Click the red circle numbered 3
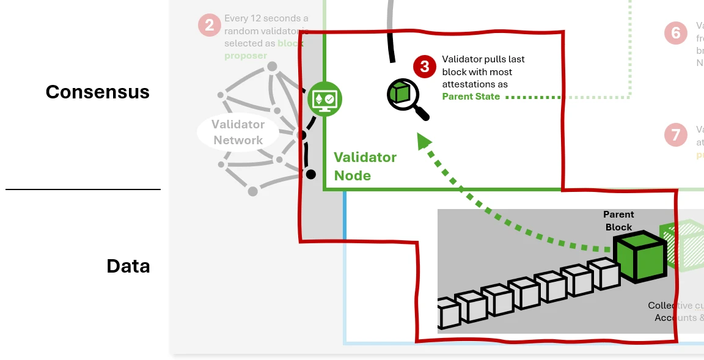425,67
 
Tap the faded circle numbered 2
210,25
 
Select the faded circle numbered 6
675,32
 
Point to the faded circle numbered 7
675,134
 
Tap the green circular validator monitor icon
324,98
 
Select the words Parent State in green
471,97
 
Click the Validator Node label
365,166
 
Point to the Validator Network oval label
238,132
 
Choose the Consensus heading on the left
97,92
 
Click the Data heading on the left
128,266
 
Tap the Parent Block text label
618,221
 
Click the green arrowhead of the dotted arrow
424,142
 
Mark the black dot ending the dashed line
310,175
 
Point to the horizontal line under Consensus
83,189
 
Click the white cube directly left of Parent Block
604,274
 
